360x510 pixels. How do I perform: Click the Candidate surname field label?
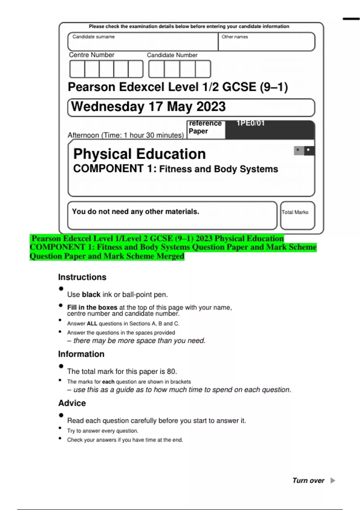(93, 37)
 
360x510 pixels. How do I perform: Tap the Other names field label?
(235, 37)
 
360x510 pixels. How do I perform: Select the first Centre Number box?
(77, 69)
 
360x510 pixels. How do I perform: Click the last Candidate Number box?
(203, 69)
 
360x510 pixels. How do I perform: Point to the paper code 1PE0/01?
(250, 123)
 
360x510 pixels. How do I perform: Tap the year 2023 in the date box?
(211, 107)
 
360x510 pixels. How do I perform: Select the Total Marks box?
(297, 215)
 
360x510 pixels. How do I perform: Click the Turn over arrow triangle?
(332, 480)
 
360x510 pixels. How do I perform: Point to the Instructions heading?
(82, 277)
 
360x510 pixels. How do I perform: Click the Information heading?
(81, 354)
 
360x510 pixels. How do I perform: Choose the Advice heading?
(72, 403)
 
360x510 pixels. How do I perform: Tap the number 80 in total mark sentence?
(171, 371)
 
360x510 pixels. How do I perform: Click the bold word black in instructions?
(91, 295)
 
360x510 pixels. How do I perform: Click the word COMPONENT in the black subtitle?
(108, 169)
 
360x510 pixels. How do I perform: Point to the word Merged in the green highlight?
(170, 256)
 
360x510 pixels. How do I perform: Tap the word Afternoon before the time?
(83, 135)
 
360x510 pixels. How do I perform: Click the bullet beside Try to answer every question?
(60, 428)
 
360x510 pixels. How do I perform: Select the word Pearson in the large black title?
(91, 87)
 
